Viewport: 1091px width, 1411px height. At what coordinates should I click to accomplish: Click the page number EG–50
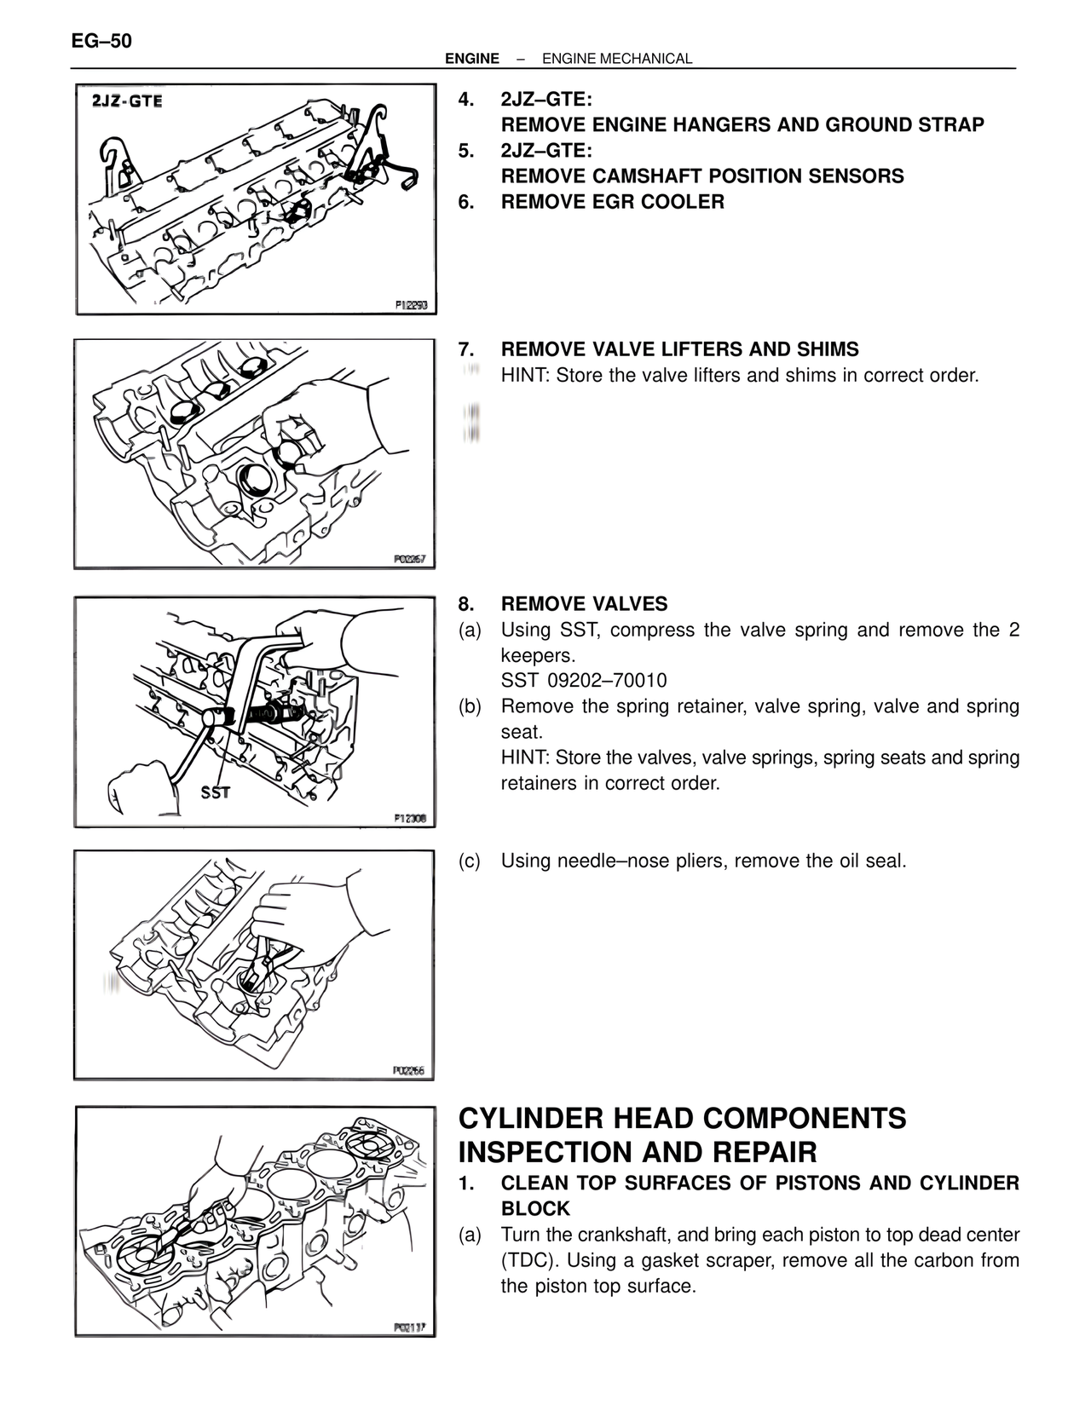point(101,41)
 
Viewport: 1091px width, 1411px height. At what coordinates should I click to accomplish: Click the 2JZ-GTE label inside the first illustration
point(127,101)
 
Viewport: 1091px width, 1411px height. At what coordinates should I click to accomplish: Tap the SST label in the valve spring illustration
point(215,792)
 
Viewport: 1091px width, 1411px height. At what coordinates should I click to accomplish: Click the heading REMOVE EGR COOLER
point(612,202)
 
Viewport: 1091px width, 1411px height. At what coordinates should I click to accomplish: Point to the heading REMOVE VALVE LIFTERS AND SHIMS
point(679,349)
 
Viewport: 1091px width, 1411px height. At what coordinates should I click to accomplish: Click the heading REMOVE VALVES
point(584,604)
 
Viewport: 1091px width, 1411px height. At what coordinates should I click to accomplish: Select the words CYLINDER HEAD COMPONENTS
point(682,1118)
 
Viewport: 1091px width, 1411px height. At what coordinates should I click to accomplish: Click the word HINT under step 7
point(525,375)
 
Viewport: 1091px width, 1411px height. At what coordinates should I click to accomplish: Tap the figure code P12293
point(411,305)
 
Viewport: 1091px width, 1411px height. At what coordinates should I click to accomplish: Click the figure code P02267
point(411,560)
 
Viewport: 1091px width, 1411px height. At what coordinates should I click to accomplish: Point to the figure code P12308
point(411,819)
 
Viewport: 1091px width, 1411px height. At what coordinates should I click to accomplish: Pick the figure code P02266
point(411,1071)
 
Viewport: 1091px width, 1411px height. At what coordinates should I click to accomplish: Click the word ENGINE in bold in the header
point(472,59)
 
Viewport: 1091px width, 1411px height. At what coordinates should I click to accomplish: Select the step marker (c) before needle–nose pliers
point(469,861)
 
